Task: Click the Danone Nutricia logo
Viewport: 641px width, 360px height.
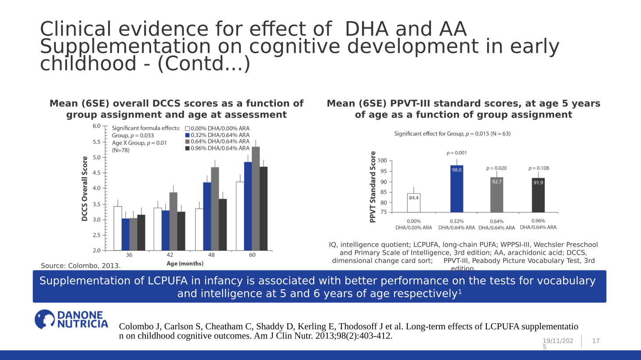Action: [x=71, y=319]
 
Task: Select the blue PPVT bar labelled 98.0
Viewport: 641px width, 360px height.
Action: [x=456, y=189]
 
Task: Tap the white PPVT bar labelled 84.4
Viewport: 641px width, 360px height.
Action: [x=413, y=203]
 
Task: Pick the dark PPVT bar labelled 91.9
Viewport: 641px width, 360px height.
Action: [x=538, y=195]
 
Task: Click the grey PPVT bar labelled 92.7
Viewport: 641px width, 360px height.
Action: [x=496, y=194]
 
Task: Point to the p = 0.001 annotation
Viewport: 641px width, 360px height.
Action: [x=456, y=153]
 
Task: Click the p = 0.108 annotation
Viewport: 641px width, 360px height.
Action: [x=539, y=168]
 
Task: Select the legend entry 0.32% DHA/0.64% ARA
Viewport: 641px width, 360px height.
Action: [x=217, y=135]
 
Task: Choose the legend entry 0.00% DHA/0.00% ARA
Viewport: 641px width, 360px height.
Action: [x=217, y=129]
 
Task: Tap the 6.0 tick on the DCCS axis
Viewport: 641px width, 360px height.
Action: [x=96, y=126]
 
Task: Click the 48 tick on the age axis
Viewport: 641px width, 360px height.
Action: [x=211, y=255]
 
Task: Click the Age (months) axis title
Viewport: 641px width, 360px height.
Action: [x=185, y=263]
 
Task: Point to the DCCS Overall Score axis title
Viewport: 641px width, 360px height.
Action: [x=85, y=189]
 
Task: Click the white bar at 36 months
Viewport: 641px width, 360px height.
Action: [x=118, y=228]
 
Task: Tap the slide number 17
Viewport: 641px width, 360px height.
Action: [x=596, y=341]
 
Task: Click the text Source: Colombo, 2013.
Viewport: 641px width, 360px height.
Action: [x=80, y=266]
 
